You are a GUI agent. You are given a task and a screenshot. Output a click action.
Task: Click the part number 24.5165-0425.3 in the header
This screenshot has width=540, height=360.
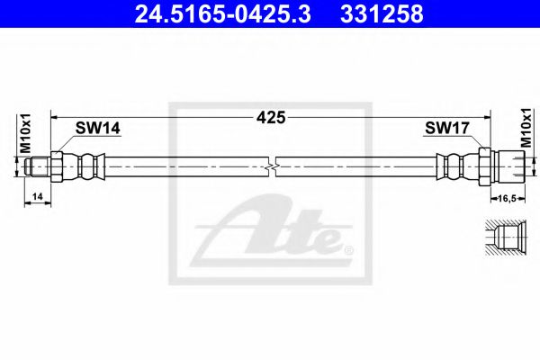(x=223, y=14)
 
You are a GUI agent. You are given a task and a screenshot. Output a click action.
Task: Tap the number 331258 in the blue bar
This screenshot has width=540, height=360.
(x=382, y=14)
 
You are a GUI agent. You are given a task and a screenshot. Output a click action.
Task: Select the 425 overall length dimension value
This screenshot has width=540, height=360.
(x=271, y=118)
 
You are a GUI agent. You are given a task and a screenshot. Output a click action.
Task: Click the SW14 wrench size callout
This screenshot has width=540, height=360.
(x=98, y=128)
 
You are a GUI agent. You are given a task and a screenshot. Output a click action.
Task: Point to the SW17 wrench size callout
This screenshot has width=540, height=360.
(x=447, y=128)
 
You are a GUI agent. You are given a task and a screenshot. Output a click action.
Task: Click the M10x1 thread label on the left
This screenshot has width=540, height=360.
(x=26, y=133)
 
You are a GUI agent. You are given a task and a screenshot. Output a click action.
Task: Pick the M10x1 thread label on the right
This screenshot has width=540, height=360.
(x=526, y=128)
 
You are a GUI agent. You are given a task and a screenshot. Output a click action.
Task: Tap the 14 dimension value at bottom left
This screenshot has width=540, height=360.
(x=38, y=196)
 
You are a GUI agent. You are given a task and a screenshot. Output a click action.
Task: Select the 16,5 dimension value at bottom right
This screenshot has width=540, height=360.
(x=508, y=198)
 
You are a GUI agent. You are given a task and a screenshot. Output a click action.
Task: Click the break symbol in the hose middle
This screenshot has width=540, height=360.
(x=272, y=167)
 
